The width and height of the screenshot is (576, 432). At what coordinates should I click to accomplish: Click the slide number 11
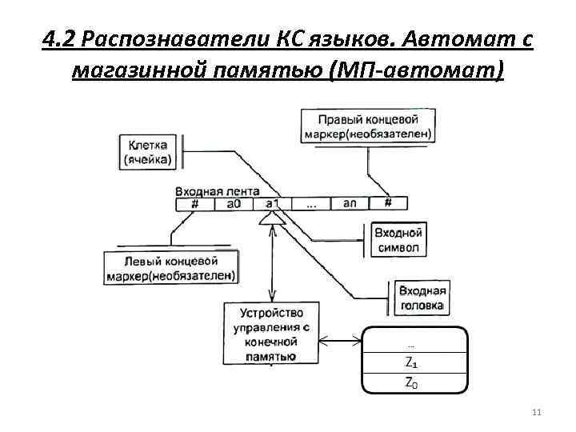536,411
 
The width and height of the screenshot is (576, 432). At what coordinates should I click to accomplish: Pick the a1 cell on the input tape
272,204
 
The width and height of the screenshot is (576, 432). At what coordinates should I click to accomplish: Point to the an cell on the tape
350,204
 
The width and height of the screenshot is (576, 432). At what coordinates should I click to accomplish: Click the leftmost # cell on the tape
195,204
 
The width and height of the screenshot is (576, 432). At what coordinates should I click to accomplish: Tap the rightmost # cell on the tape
387,204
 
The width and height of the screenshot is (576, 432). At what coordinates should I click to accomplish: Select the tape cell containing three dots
311,204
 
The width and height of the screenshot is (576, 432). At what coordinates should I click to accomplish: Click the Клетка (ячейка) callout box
148,152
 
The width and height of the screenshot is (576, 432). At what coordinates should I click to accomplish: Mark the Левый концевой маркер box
170,268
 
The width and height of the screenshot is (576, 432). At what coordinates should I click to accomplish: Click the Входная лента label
216,191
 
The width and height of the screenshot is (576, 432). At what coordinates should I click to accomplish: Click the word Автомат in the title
463,39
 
